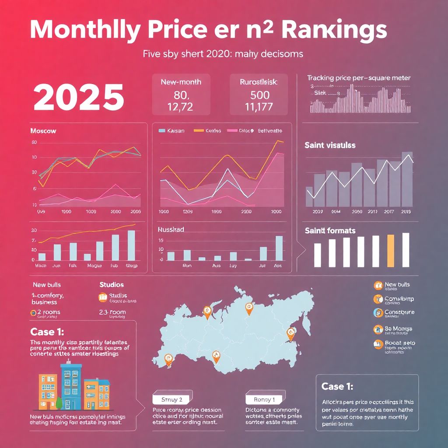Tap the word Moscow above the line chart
[x=43, y=131]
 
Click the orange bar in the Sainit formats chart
[x=391, y=250]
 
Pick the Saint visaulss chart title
[x=330, y=145]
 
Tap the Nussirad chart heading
[x=171, y=229]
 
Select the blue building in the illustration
[x=72, y=387]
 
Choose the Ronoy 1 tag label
[x=264, y=399]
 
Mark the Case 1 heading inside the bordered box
[x=337, y=386]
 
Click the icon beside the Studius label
[x=103, y=297]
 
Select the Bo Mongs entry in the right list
[x=398, y=329]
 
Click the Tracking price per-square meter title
[x=359, y=78]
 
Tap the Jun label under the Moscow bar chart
[x=57, y=265]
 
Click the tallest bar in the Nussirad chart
[x=279, y=248]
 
